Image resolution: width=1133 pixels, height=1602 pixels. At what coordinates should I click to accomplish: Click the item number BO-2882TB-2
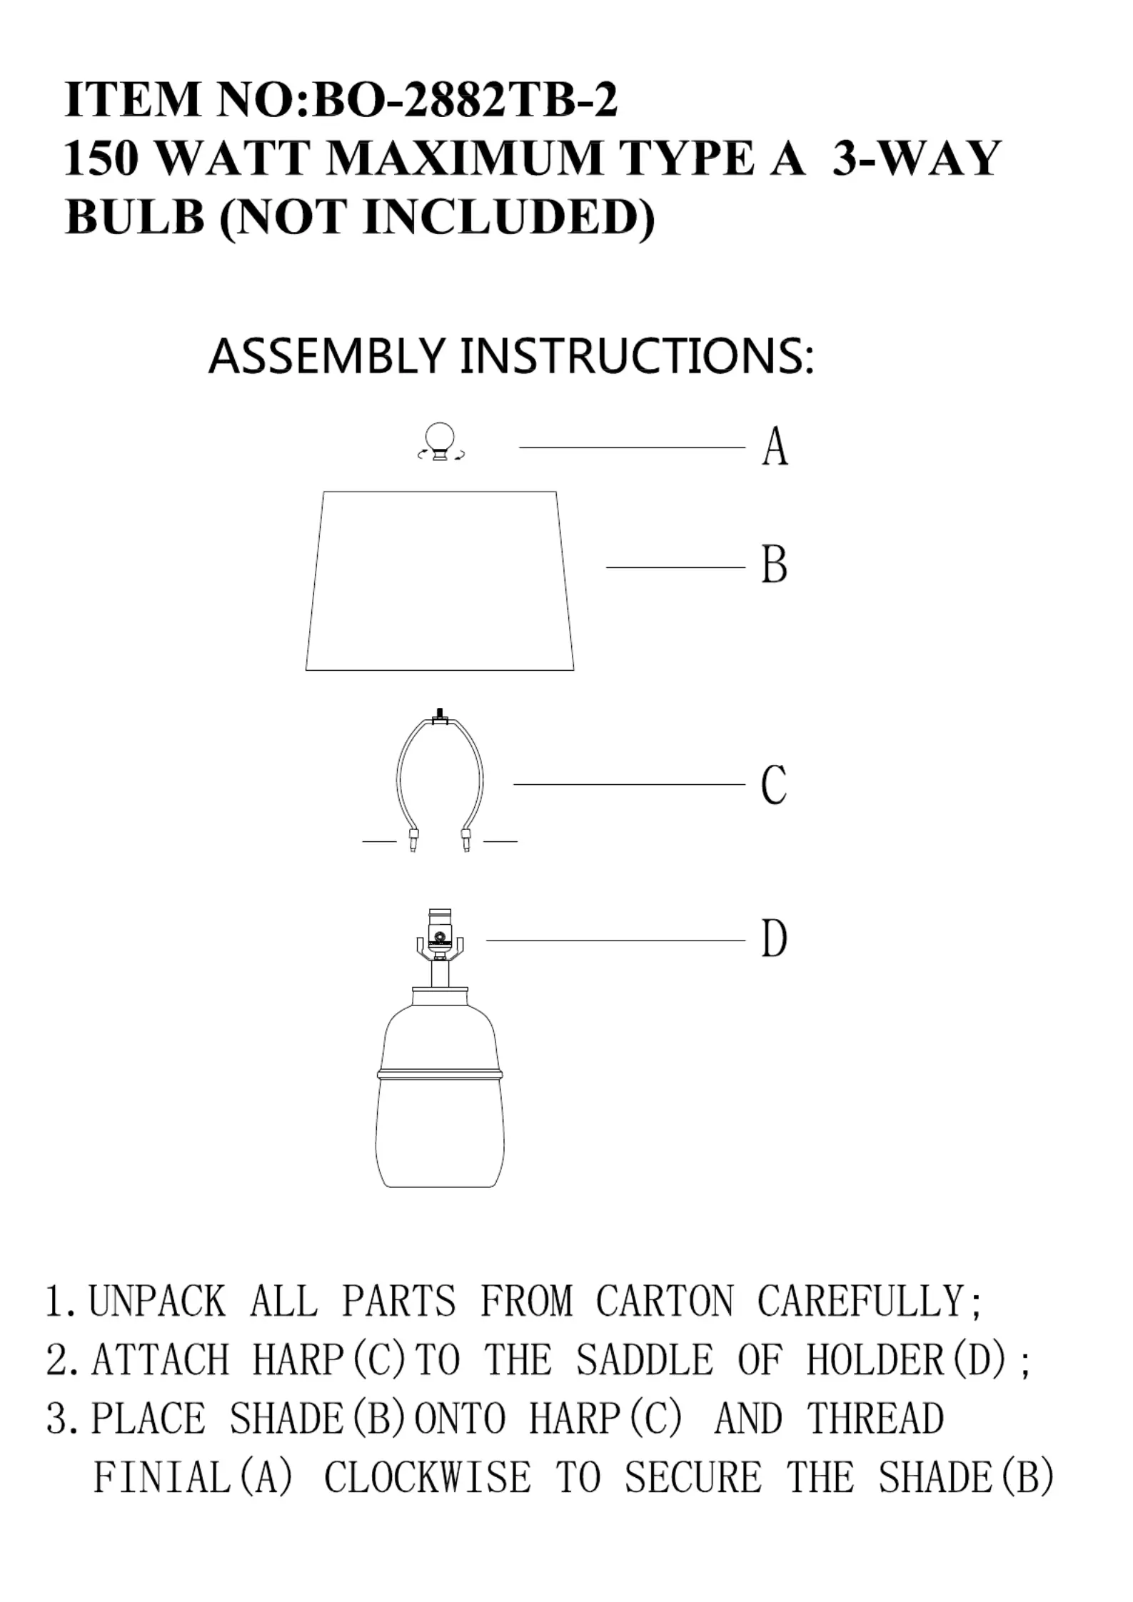pyautogui.click(x=464, y=100)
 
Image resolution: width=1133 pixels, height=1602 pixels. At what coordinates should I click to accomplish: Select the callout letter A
pyautogui.click(x=775, y=447)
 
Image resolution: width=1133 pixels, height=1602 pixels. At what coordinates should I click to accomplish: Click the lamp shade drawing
pyautogui.click(x=440, y=582)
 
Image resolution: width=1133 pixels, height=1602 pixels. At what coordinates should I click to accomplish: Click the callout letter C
pyautogui.click(x=775, y=784)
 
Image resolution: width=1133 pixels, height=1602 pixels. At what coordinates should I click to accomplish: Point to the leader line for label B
pyautogui.click(x=675, y=567)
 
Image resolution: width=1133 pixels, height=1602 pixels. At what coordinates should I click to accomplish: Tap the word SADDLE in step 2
pyautogui.click(x=644, y=1360)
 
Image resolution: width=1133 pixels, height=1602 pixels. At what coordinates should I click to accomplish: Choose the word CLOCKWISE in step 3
pyautogui.click(x=427, y=1478)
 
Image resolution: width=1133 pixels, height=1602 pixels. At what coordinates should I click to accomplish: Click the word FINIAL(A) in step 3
pyautogui.click(x=193, y=1478)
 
